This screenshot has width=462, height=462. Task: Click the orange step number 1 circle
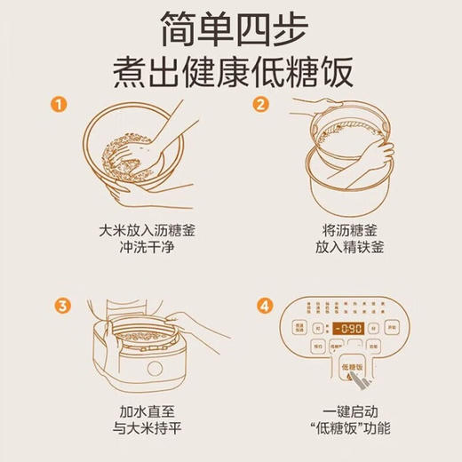(59, 105)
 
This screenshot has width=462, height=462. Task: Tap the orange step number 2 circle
(262, 105)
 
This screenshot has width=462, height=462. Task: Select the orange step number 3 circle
(60, 307)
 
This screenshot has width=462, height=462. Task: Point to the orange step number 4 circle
(262, 307)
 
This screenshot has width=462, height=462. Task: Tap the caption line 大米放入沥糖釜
(136, 230)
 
